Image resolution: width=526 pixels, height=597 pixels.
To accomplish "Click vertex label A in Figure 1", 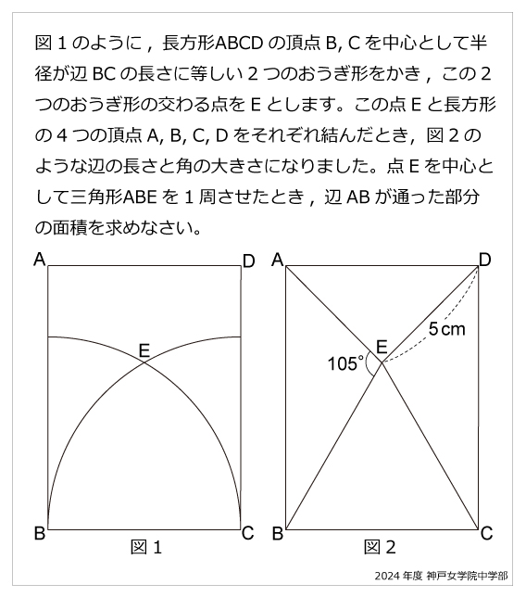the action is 40,260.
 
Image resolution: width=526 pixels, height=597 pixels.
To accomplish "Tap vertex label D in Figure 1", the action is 248,262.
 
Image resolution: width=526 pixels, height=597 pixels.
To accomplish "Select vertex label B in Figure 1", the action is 40,533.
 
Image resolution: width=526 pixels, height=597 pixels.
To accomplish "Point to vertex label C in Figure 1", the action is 247,533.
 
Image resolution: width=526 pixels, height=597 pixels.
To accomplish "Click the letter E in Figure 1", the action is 144,349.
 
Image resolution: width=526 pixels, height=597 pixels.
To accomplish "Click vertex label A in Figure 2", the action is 277,261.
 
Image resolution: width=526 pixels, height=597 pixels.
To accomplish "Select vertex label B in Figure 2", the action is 277,533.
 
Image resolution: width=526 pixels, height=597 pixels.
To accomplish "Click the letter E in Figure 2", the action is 381,348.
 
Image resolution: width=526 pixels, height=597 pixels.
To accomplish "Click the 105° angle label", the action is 345,363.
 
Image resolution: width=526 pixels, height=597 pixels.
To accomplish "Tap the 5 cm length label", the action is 447,329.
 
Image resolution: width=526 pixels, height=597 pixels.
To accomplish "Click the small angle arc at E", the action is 371,365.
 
